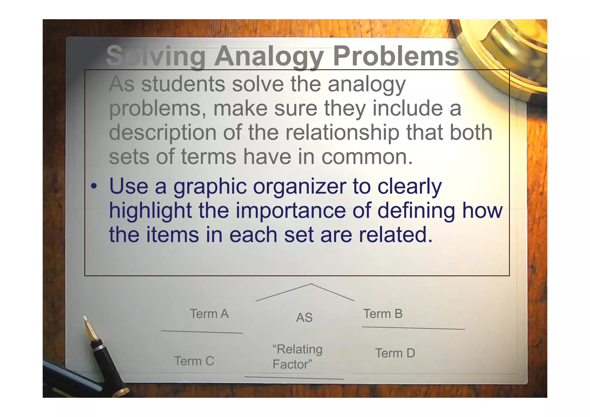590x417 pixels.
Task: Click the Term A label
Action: (209, 314)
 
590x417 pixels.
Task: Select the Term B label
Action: (383, 314)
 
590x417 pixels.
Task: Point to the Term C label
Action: (194, 361)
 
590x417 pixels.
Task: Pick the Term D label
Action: (395, 353)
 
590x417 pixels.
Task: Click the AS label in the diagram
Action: (304, 318)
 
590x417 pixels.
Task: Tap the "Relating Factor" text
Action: (297, 357)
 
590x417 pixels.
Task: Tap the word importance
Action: (291, 211)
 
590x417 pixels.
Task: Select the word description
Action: (162, 133)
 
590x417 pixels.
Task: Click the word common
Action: (367, 157)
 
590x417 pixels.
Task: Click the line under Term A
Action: (202, 332)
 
